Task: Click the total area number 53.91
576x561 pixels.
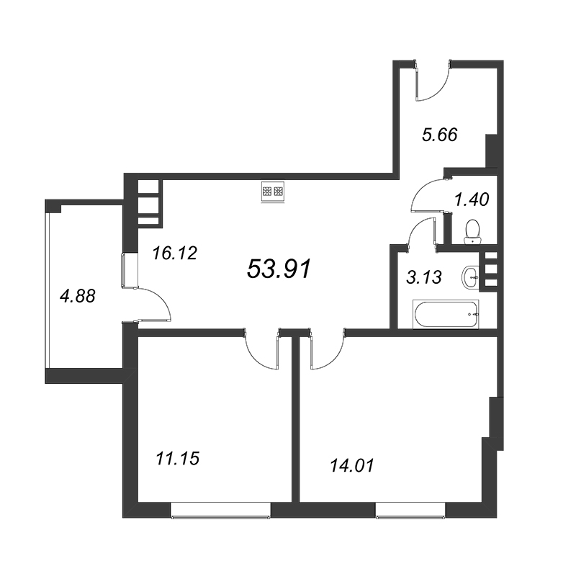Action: [x=279, y=269]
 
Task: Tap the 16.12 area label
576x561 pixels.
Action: [x=175, y=253]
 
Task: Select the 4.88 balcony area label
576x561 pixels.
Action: [x=78, y=296]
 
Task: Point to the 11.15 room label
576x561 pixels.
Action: [x=178, y=458]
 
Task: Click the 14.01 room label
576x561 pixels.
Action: [x=352, y=465]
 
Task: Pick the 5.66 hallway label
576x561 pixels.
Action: [x=440, y=135]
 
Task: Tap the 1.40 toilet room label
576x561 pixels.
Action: [x=472, y=200]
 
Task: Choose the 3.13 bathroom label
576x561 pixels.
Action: [x=424, y=277]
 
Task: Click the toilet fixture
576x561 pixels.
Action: [x=472, y=232]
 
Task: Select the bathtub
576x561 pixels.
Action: [x=446, y=314]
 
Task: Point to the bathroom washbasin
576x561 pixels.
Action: [x=470, y=278]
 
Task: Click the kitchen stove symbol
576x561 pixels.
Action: [x=273, y=192]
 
